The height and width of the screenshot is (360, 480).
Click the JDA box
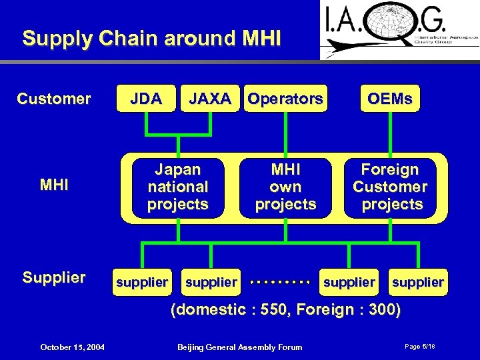point(146,99)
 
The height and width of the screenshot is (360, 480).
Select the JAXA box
point(210,99)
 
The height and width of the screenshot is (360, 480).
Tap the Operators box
point(285,99)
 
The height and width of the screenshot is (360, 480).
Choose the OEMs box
point(390,99)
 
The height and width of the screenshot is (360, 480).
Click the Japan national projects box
point(178,187)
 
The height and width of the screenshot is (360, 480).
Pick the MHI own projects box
point(285,187)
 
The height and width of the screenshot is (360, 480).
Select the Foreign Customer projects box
point(390,187)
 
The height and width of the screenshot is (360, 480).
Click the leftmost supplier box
point(142,283)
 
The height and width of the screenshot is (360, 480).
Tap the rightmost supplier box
point(418,283)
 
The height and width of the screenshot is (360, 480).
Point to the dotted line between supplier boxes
point(280,283)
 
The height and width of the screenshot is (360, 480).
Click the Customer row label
point(53,99)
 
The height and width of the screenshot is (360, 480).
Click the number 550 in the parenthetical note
point(274,309)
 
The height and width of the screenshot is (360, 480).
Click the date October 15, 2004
point(71,347)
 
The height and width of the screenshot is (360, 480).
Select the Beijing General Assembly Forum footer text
point(239,347)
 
